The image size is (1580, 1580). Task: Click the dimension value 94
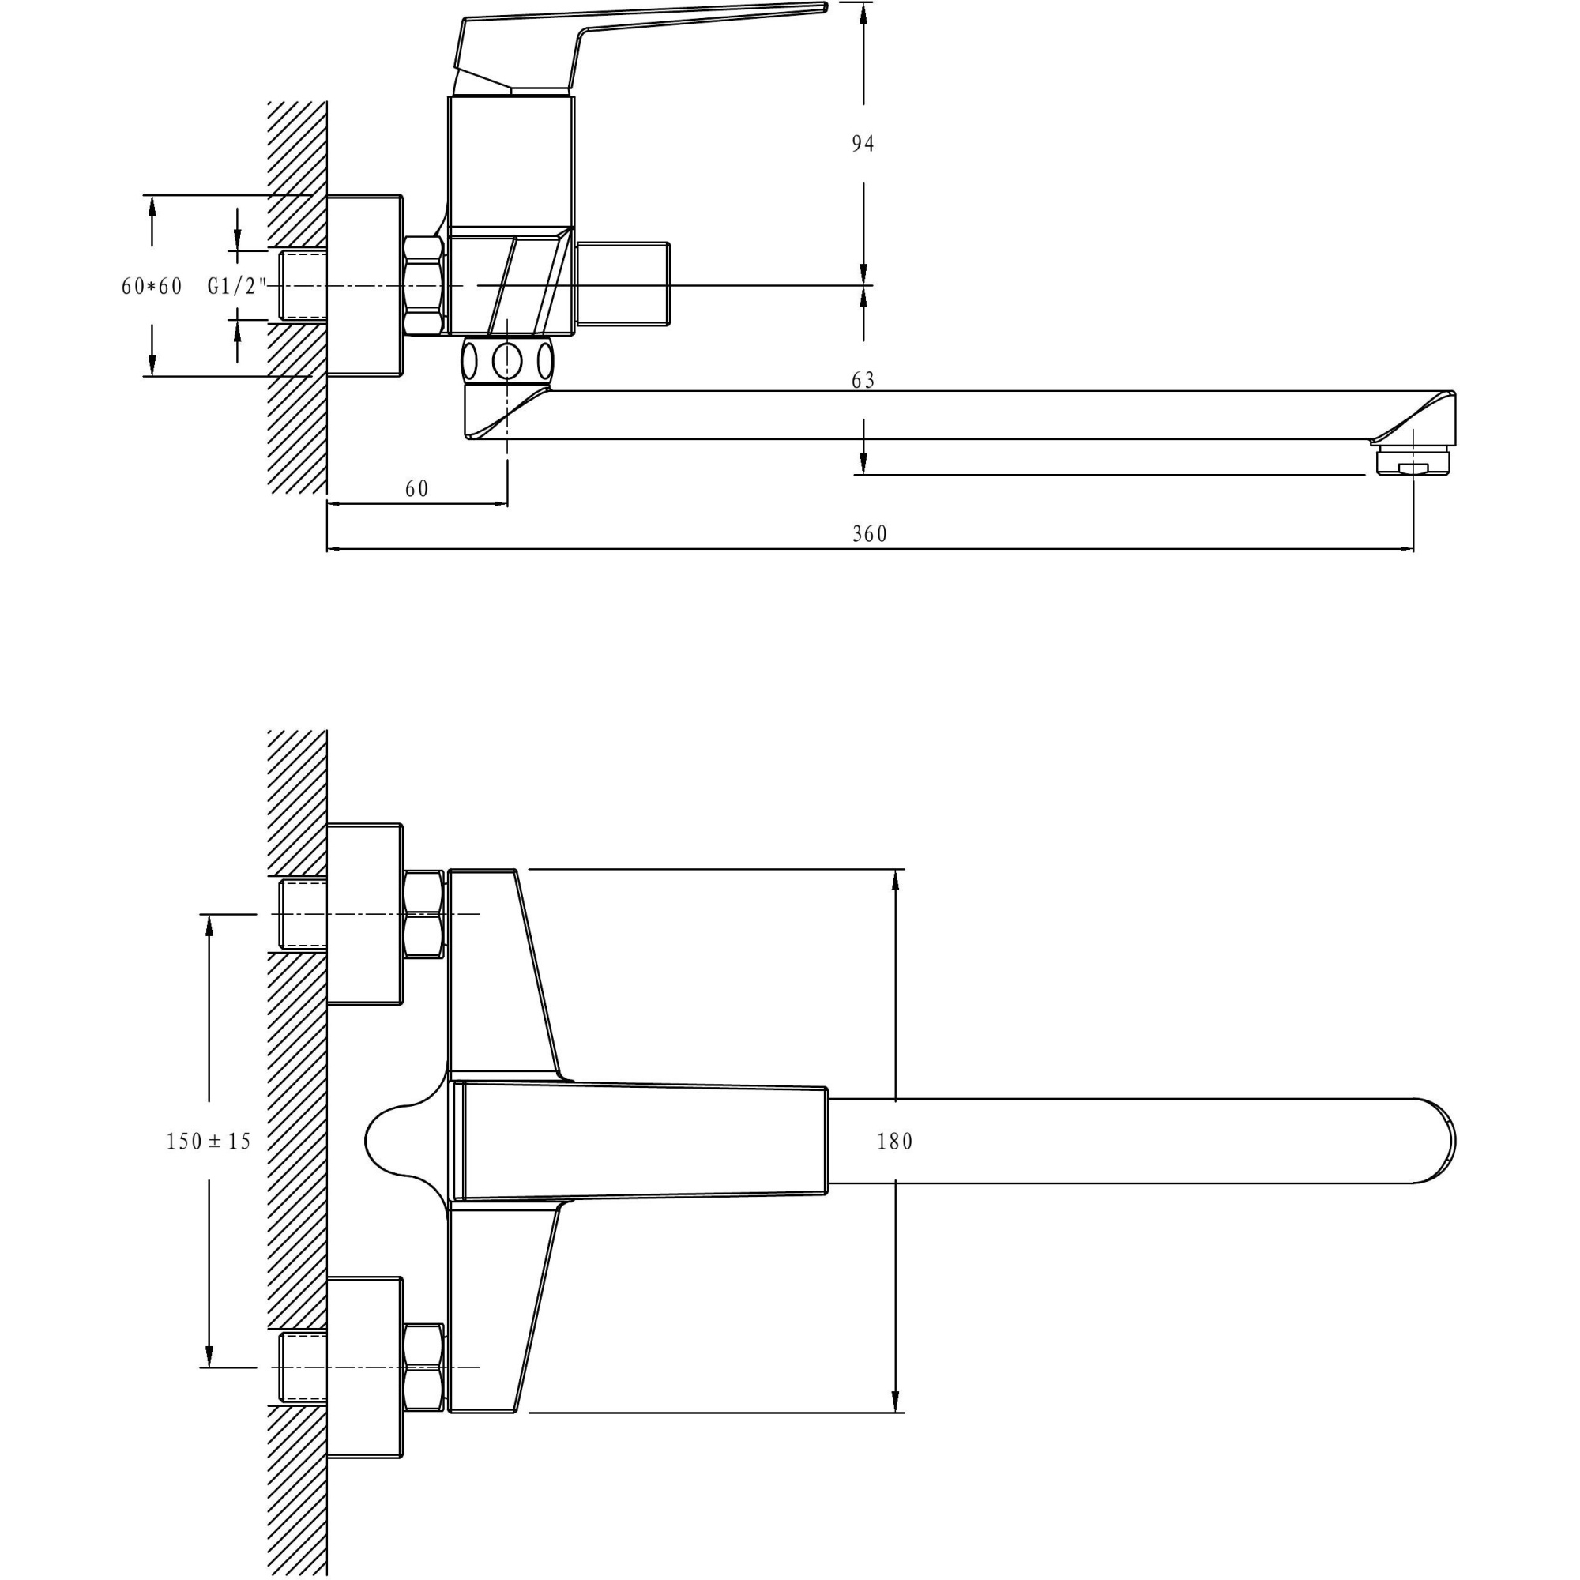pos(863,144)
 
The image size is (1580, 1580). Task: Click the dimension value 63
pos(863,380)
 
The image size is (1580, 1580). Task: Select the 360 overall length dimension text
pos(869,534)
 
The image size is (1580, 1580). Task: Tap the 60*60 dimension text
pos(152,287)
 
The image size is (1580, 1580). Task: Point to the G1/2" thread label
pos(237,287)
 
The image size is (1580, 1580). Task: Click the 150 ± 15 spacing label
pos(209,1142)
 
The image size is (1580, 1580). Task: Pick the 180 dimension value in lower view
pos(895,1142)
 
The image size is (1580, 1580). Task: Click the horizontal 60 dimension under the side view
pos(416,489)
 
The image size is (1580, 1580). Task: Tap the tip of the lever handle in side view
pos(822,7)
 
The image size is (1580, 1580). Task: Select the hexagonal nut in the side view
pos(423,285)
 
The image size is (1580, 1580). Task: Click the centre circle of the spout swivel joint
pos(507,359)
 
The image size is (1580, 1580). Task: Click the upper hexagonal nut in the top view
pos(423,914)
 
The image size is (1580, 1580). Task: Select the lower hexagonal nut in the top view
pos(423,1367)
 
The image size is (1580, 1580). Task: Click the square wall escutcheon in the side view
pos(365,285)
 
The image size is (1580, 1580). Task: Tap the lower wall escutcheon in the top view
pos(365,1367)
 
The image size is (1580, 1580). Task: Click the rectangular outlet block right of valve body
pos(623,285)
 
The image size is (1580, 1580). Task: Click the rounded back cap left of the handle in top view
pos(401,1141)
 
